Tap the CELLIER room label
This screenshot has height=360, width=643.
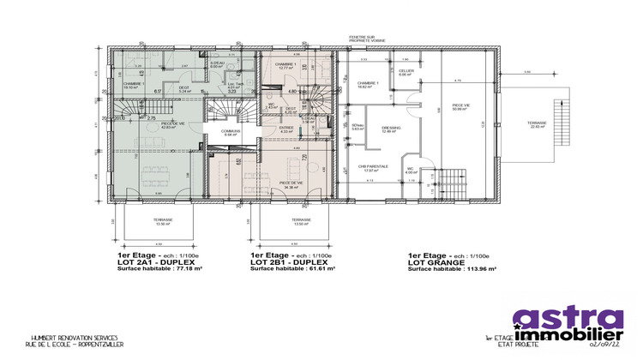[x=406, y=73]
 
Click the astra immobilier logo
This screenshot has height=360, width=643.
[x=568, y=324]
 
